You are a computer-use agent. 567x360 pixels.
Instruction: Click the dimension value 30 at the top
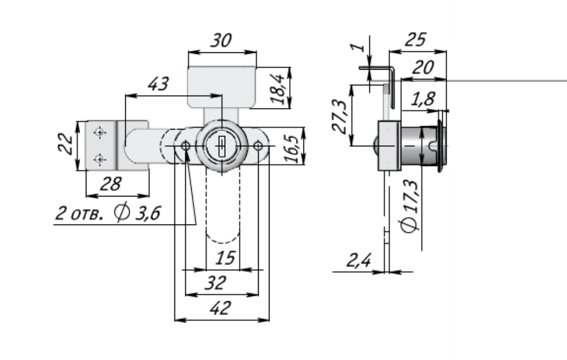click(x=222, y=42)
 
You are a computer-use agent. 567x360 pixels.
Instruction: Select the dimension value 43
click(x=158, y=84)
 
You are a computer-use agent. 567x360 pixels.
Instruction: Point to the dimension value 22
click(x=66, y=145)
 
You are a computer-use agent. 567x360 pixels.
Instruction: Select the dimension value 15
click(x=225, y=259)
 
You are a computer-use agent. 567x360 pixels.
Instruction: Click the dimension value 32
click(x=216, y=283)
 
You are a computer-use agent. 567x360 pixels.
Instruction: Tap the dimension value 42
click(x=221, y=309)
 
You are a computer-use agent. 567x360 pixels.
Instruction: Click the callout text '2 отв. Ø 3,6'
click(x=108, y=213)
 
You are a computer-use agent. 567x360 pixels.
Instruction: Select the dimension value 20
click(x=424, y=68)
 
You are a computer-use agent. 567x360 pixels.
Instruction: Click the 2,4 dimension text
click(x=359, y=261)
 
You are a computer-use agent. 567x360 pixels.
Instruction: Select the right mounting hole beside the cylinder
click(x=259, y=146)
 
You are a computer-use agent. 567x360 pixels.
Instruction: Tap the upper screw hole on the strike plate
click(x=99, y=132)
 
